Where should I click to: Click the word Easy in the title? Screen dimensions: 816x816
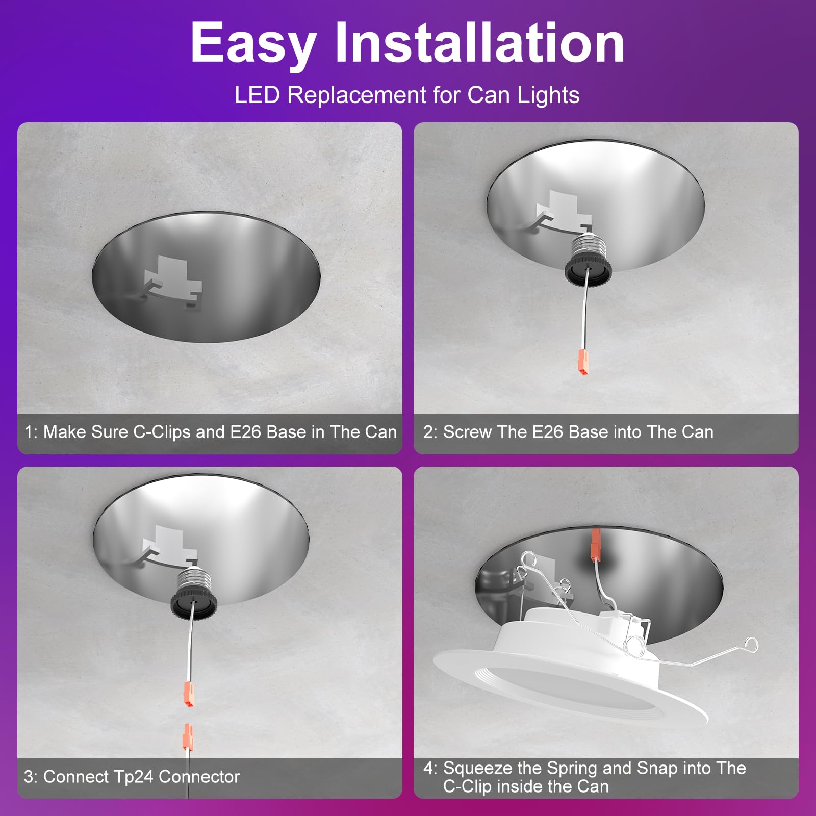[253, 44]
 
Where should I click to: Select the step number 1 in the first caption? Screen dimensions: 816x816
[30, 432]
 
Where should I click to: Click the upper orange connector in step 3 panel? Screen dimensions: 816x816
[189, 694]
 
